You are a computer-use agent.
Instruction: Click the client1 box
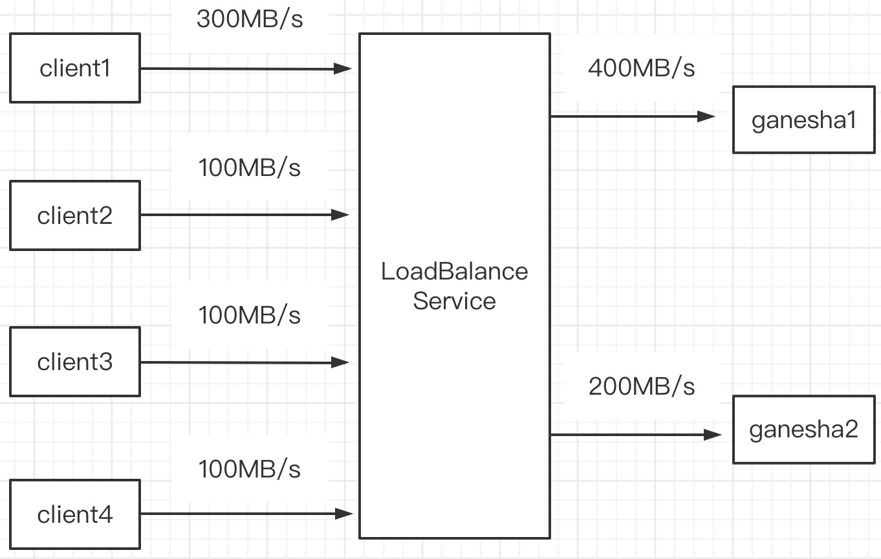tap(75, 69)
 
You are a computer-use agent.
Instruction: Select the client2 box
tap(75, 215)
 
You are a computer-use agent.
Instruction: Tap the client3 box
tap(75, 362)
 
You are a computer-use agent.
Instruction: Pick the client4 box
tap(75, 514)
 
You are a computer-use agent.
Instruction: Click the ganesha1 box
tap(803, 120)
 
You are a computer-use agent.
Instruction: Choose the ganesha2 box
tap(803, 430)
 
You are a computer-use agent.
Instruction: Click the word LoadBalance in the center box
tap(454, 271)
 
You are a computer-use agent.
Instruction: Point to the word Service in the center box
tap(454, 301)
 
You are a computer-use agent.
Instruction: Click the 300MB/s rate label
tap(250, 19)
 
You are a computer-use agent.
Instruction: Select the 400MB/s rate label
tap(641, 68)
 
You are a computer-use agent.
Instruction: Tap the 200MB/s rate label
tap(641, 386)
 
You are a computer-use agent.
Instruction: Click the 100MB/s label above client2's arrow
tap(250, 168)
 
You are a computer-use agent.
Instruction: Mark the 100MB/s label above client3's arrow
tap(250, 316)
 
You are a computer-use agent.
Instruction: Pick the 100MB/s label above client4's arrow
tap(250, 468)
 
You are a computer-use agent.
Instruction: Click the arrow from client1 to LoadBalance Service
tap(246, 69)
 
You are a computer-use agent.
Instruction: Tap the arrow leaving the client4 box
tap(246, 514)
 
